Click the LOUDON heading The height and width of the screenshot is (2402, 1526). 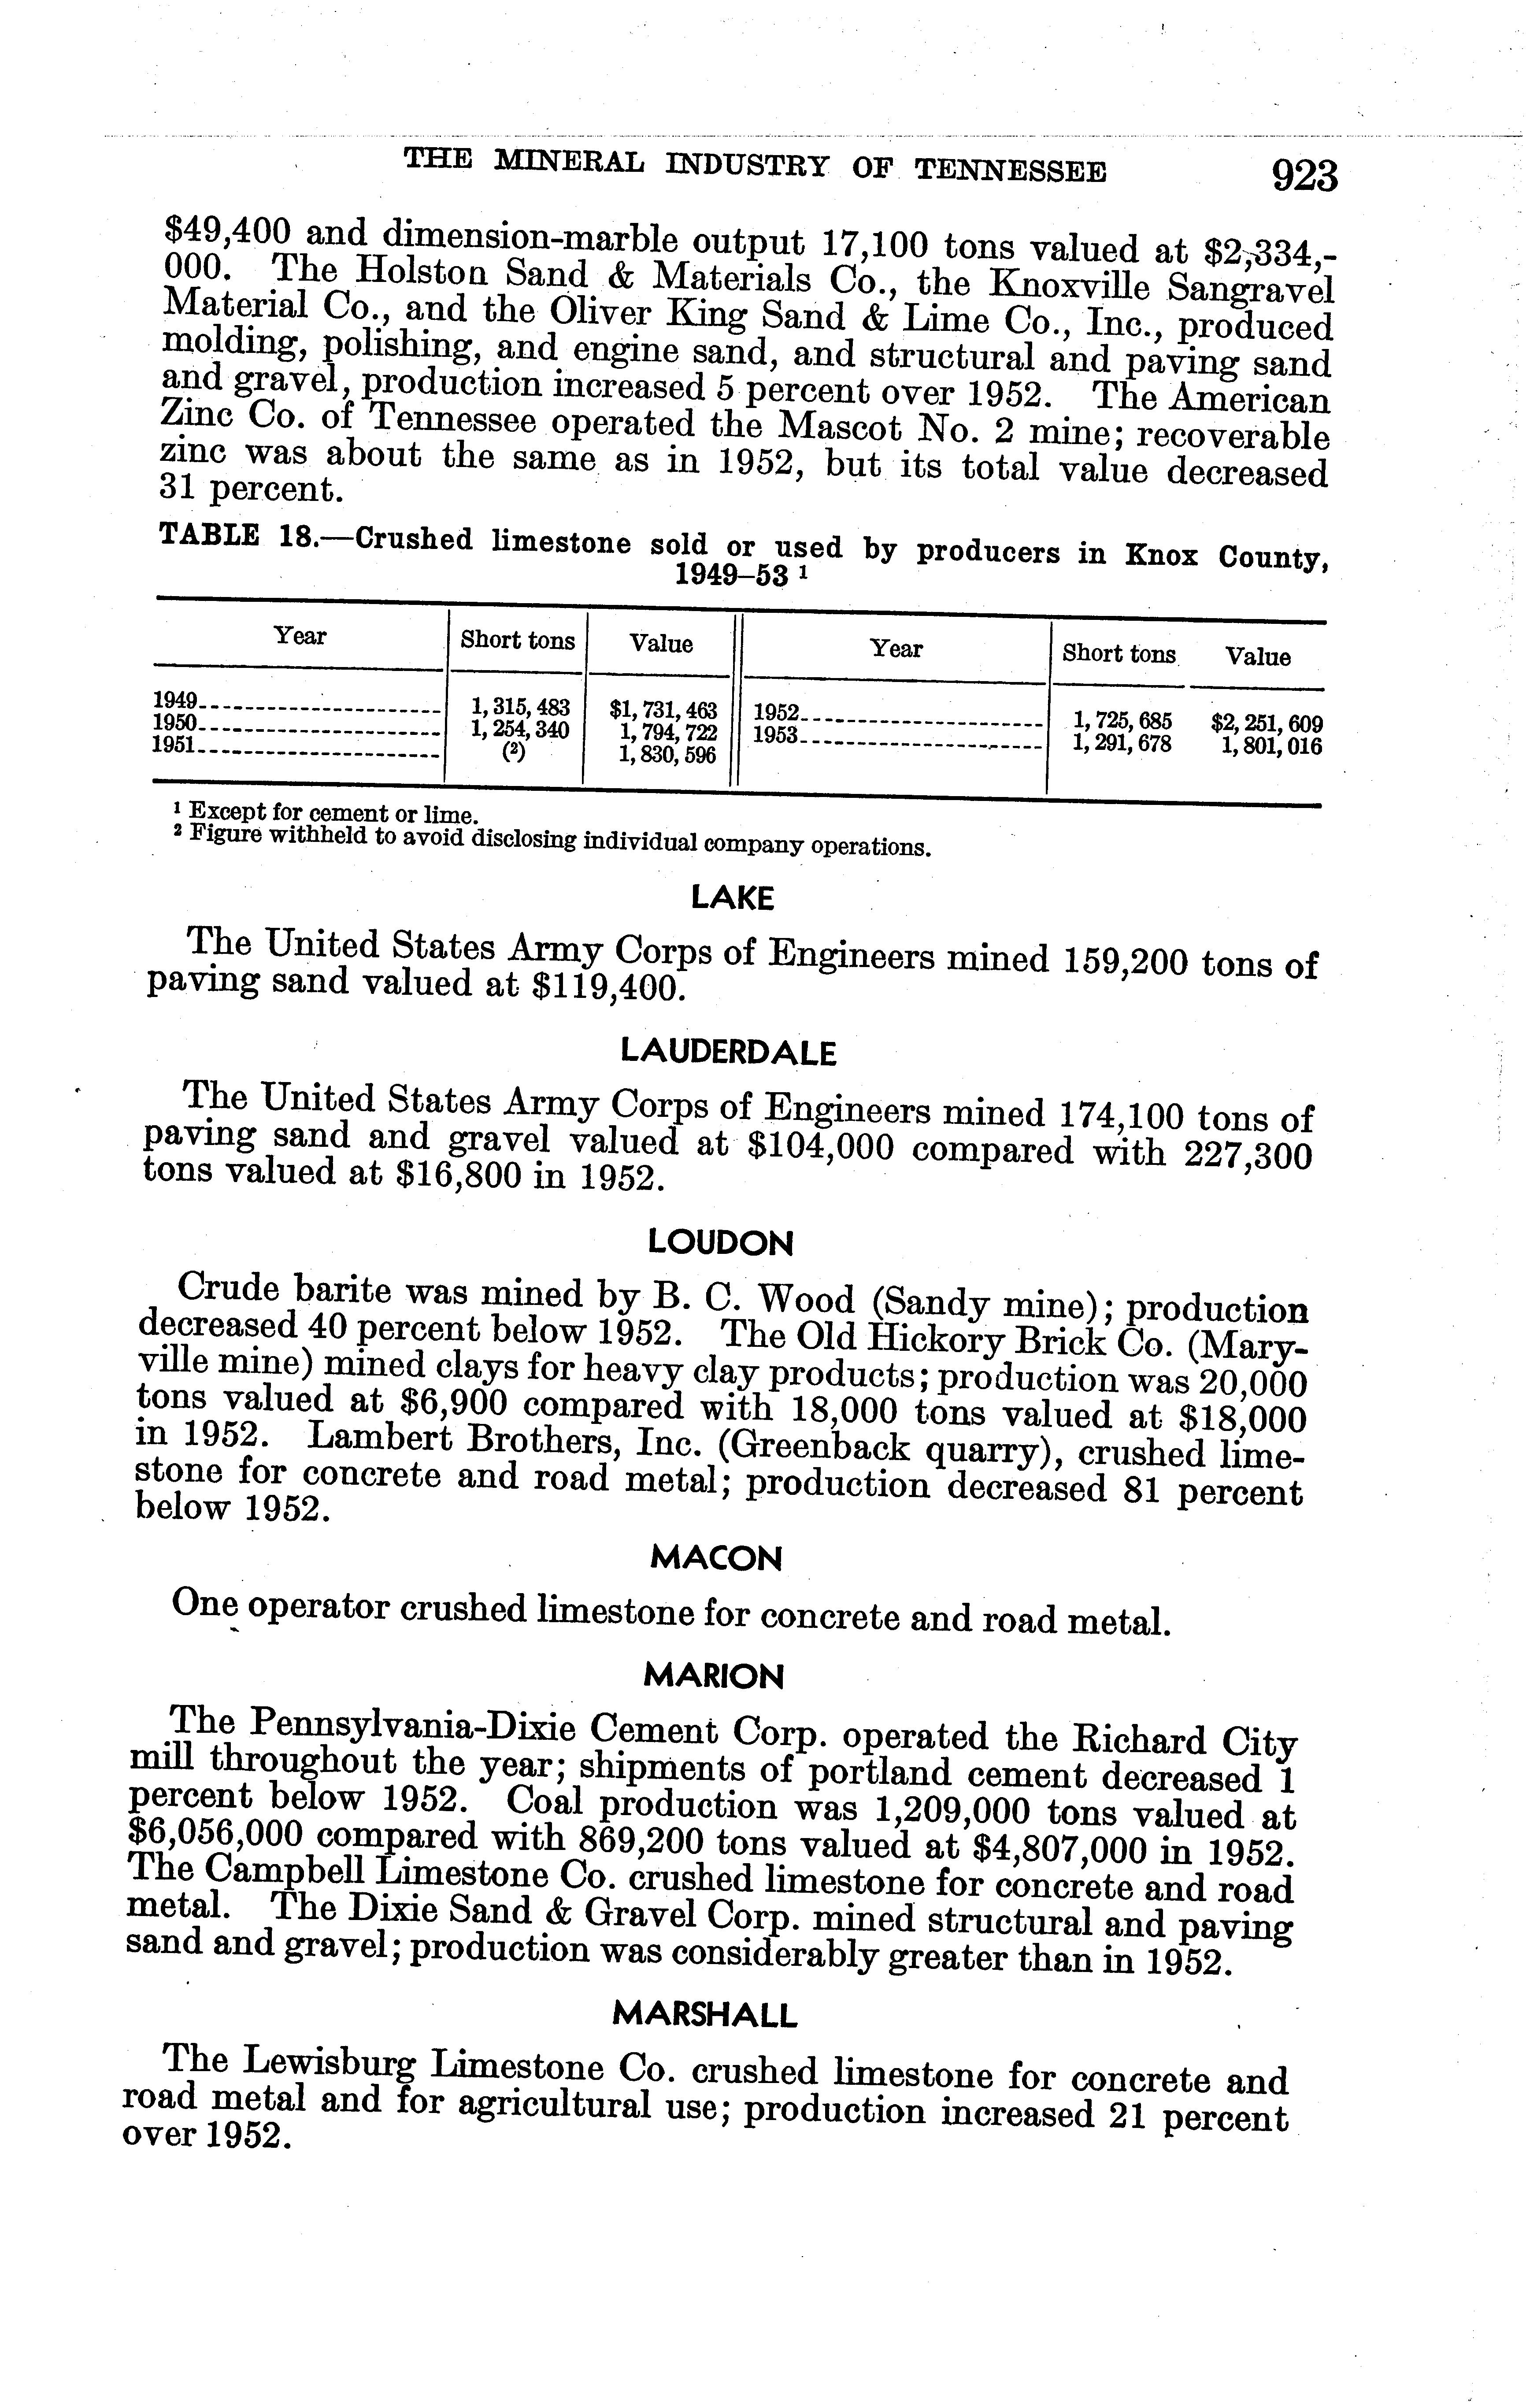[x=721, y=1243]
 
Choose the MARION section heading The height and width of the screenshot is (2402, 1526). [x=714, y=1676]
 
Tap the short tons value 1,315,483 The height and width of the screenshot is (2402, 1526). [x=520, y=707]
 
